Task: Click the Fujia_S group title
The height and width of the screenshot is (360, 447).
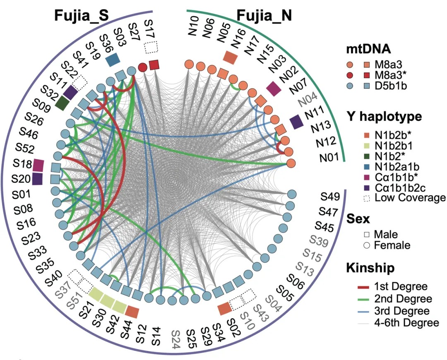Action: click(x=81, y=16)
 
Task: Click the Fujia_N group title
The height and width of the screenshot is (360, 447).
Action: click(x=264, y=16)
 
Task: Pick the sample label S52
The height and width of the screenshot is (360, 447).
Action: click(x=24, y=147)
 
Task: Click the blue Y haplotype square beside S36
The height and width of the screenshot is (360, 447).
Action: click(x=113, y=60)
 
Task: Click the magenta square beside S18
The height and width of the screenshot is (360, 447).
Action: click(x=38, y=165)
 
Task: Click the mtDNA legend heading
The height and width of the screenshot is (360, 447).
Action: click(x=368, y=49)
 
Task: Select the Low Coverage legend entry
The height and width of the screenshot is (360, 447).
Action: click(x=404, y=197)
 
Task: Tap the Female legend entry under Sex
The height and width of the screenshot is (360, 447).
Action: click(x=392, y=245)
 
